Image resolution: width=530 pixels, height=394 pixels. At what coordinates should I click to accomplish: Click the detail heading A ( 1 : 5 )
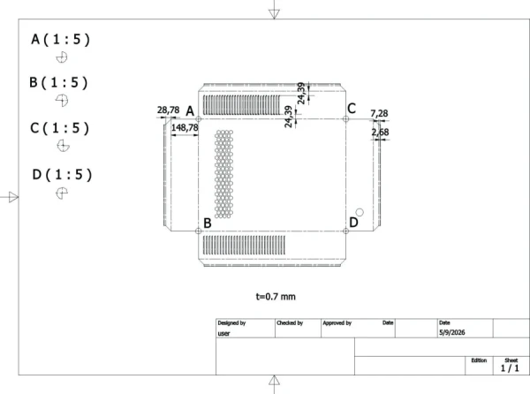[x=60, y=40]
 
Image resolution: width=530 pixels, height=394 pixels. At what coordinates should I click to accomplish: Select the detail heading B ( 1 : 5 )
[x=58, y=83]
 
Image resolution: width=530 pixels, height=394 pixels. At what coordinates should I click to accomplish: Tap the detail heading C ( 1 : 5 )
[x=59, y=128]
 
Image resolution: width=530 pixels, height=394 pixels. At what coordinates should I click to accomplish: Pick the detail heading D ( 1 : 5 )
[x=62, y=175]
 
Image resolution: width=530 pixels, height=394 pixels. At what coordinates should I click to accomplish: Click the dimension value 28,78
[x=168, y=110]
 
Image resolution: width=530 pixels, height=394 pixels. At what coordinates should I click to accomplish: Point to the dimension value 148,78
[x=185, y=128]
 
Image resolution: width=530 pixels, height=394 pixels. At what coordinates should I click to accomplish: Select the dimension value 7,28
[x=379, y=114]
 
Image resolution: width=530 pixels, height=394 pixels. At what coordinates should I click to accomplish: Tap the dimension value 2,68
[x=380, y=133]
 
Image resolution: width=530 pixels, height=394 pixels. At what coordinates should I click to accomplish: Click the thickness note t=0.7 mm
[x=276, y=297]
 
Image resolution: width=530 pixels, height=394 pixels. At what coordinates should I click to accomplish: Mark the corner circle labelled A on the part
[x=199, y=119]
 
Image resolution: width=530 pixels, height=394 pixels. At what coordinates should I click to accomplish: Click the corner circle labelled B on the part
[x=199, y=231]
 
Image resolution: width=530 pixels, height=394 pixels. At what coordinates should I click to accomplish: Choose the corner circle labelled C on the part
[x=345, y=119]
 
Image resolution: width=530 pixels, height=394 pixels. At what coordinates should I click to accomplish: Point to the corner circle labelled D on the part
[x=345, y=231]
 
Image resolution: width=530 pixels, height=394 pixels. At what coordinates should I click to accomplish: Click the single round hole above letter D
[x=360, y=212]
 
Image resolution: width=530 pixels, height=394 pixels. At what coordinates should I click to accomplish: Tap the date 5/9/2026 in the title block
[x=452, y=332]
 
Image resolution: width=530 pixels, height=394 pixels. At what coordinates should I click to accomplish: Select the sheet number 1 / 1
[x=510, y=368]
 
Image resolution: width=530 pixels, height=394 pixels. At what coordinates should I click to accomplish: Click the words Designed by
[x=231, y=323]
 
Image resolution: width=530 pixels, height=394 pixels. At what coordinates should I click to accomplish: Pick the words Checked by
[x=290, y=323]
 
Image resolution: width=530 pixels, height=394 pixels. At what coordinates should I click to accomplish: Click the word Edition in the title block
[x=479, y=360]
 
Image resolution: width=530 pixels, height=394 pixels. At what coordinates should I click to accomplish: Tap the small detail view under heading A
[x=62, y=57]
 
